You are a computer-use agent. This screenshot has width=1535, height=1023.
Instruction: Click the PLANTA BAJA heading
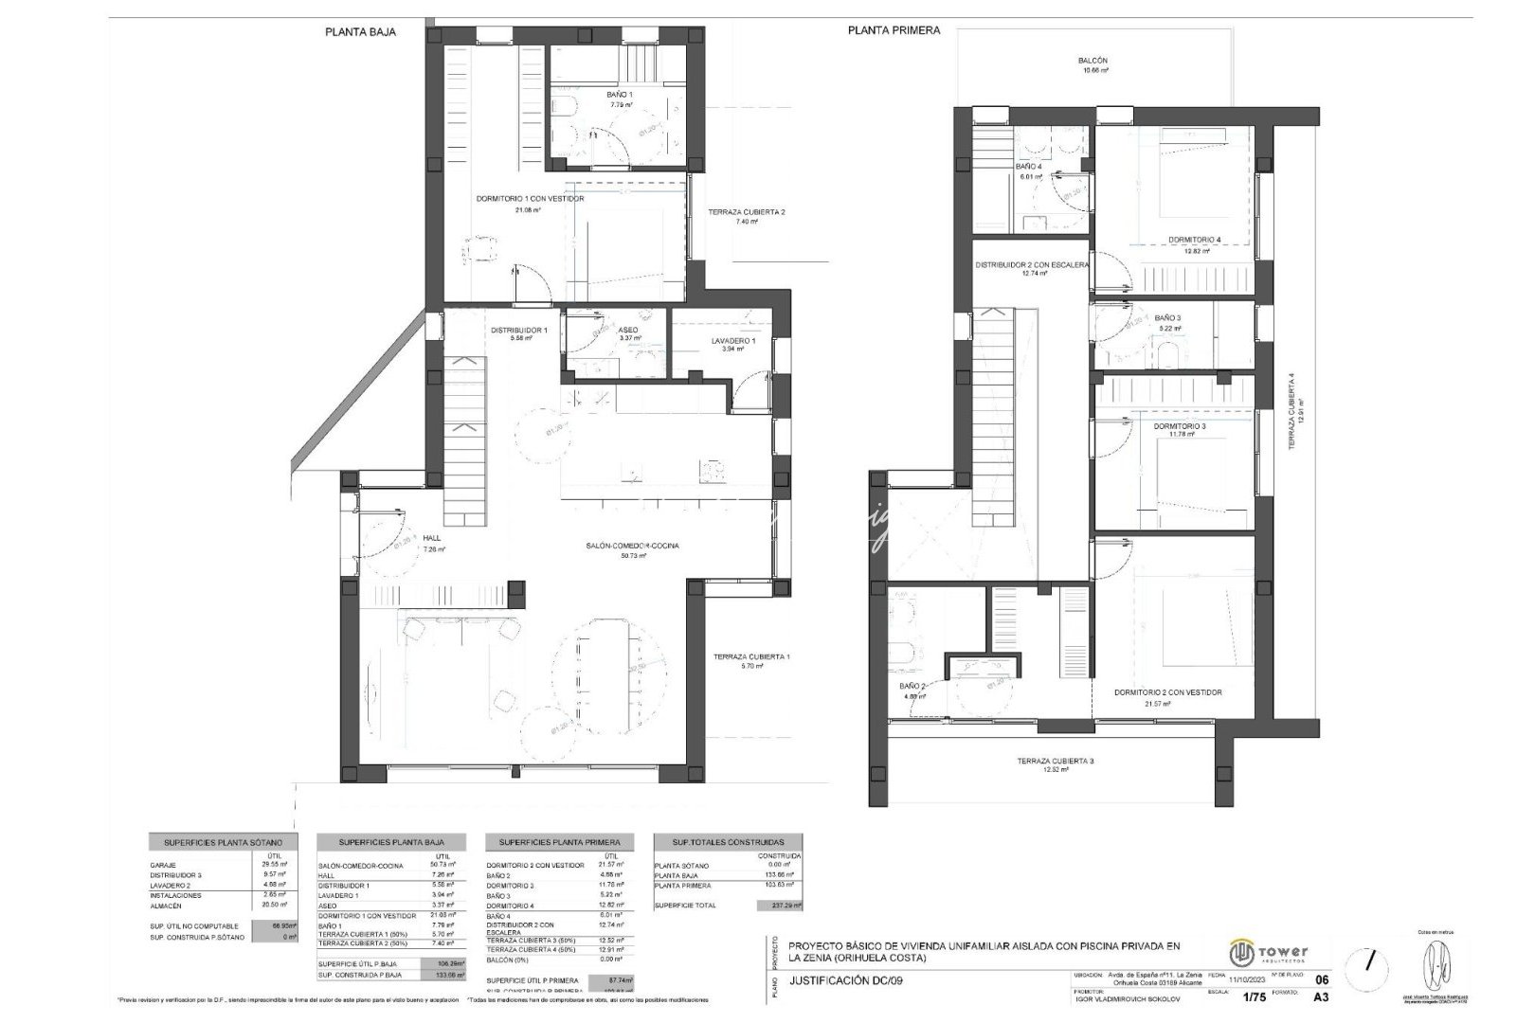360,31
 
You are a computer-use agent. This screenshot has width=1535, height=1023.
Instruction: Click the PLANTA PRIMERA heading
894,30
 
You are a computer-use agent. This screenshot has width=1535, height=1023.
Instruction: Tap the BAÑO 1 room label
620,95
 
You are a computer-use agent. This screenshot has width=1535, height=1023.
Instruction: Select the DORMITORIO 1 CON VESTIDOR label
530,199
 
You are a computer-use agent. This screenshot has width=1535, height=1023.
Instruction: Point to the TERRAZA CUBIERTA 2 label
747,212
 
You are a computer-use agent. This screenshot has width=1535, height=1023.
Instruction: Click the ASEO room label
629,330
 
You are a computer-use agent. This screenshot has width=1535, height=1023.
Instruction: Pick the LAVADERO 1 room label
733,341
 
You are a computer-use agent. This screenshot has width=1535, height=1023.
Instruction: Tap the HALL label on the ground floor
432,537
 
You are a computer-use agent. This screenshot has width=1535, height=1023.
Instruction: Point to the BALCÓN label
1093,61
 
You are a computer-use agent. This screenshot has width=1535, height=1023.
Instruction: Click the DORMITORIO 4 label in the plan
1194,240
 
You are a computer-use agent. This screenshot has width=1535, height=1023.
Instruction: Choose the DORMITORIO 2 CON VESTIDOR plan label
1167,692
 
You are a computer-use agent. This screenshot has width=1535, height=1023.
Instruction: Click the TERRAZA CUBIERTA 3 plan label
1056,761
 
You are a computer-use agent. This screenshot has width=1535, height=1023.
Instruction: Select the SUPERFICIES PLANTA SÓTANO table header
223,842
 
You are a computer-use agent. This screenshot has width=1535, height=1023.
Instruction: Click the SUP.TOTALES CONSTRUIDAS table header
727,842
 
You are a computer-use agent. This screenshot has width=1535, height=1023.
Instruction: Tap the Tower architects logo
1268,951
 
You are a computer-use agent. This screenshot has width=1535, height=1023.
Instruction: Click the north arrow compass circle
1369,960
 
